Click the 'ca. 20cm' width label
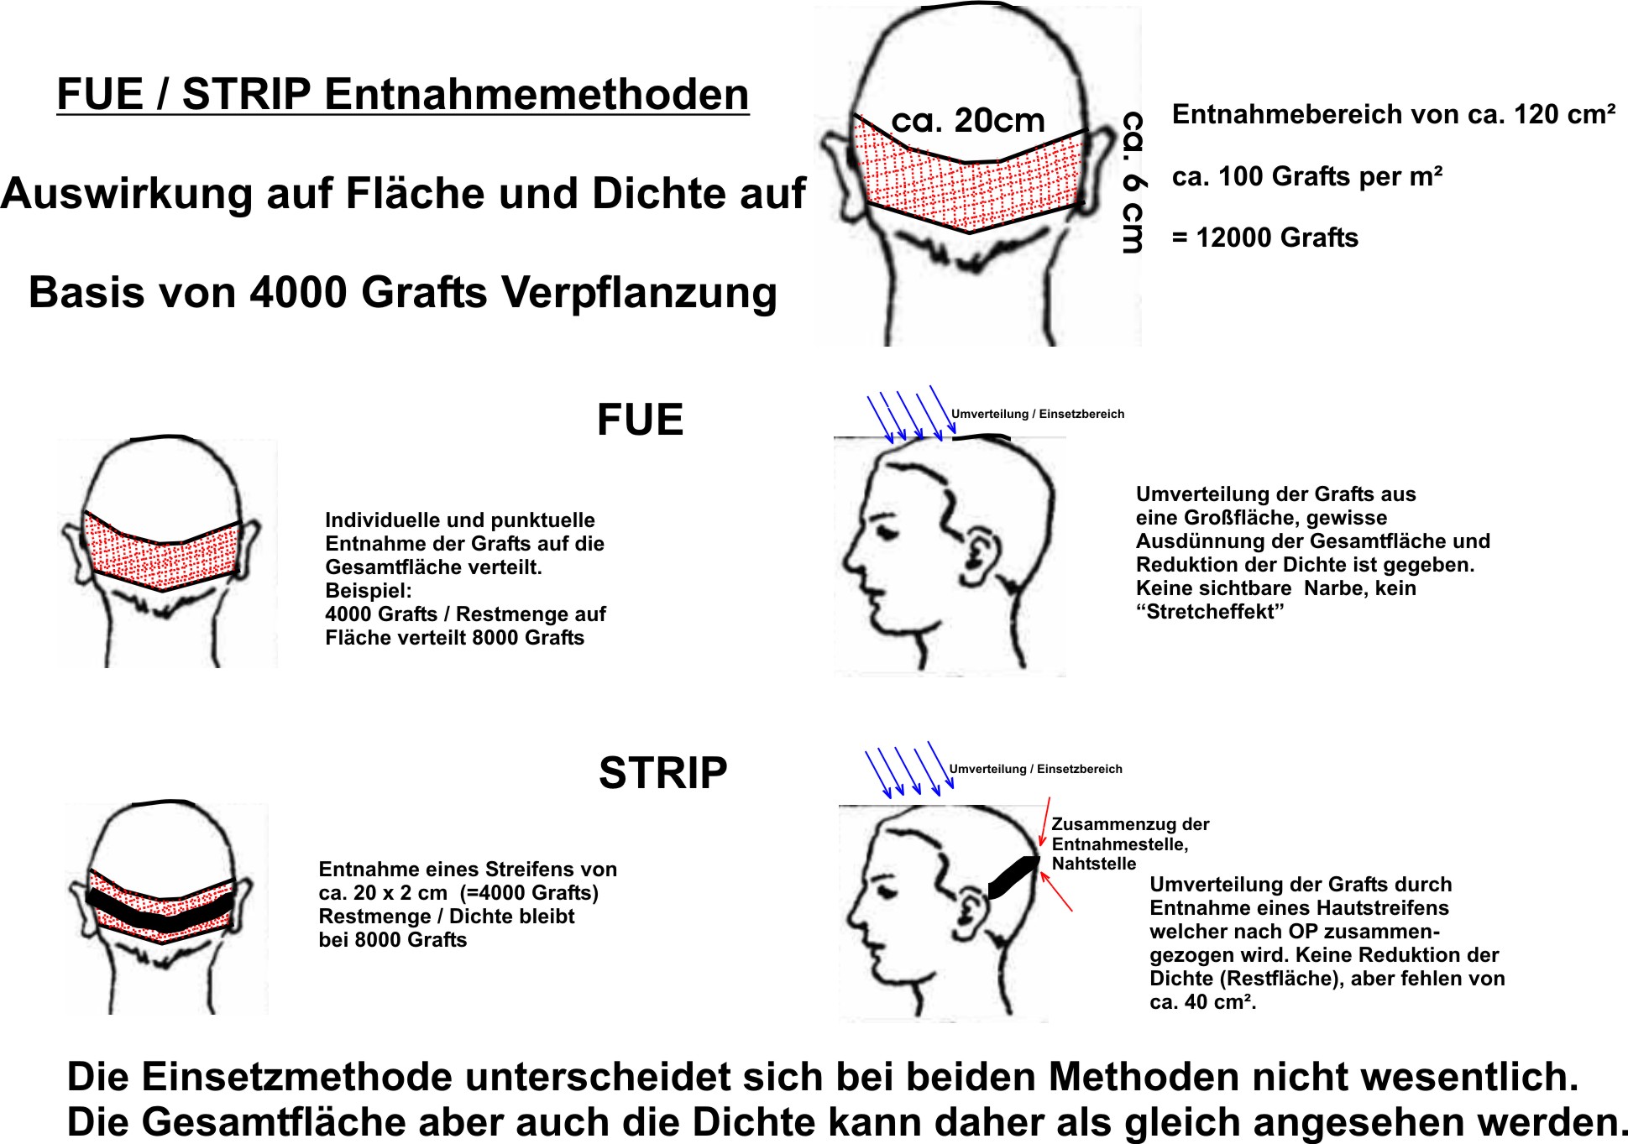coord(967,121)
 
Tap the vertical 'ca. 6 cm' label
coord(1133,182)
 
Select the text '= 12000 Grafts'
coord(1264,238)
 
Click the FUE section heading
coord(640,420)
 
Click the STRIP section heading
coord(662,773)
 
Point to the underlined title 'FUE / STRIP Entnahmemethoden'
coord(403,94)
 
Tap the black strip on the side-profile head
coord(1013,877)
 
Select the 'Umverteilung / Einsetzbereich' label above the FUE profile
coord(1037,414)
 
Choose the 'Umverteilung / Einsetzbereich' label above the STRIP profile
coord(1035,769)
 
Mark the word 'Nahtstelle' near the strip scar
coord(1094,864)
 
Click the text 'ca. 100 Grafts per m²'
coord(1307,176)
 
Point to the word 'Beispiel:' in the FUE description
coord(369,590)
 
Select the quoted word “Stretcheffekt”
coord(1210,612)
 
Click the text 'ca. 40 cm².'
coord(1203,1002)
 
